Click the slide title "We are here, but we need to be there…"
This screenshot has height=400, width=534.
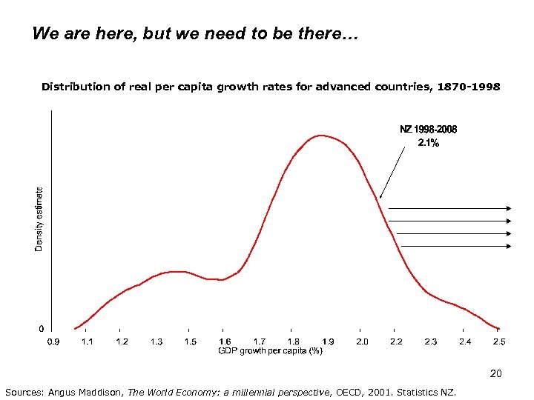(x=195, y=34)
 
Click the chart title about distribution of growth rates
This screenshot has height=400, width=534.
(x=271, y=87)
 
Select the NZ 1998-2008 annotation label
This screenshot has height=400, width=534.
(x=429, y=129)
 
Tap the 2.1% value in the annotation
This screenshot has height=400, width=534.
(x=429, y=143)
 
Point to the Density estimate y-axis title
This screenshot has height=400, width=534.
(x=39, y=219)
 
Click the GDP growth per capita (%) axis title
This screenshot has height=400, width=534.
(x=270, y=351)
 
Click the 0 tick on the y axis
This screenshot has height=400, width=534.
(x=41, y=328)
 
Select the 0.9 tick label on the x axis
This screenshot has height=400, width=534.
(x=54, y=341)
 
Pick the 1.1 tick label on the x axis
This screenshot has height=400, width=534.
(x=88, y=341)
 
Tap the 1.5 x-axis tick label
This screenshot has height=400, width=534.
(x=191, y=341)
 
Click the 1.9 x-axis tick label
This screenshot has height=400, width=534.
(x=327, y=341)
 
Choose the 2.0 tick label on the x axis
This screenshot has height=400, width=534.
(x=362, y=341)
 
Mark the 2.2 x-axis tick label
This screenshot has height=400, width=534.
(x=396, y=341)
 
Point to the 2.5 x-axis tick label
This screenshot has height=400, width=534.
(x=499, y=341)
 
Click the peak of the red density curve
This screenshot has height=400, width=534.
(x=320, y=136)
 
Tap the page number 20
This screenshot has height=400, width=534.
(x=496, y=374)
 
